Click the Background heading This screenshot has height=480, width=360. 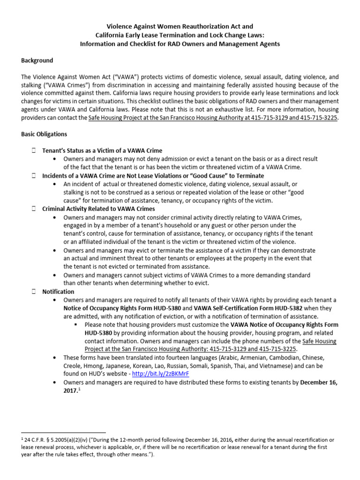click(x=37, y=60)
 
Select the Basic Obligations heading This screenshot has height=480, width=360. click(x=44, y=134)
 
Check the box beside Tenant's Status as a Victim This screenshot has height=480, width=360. click(x=34, y=150)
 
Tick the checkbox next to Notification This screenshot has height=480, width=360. click(x=34, y=292)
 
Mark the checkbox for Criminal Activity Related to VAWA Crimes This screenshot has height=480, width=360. click(x=34, y=209)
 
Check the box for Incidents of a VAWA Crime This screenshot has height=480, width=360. click(x=34, y=176)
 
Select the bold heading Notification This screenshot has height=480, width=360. click(x=58, y=292)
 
